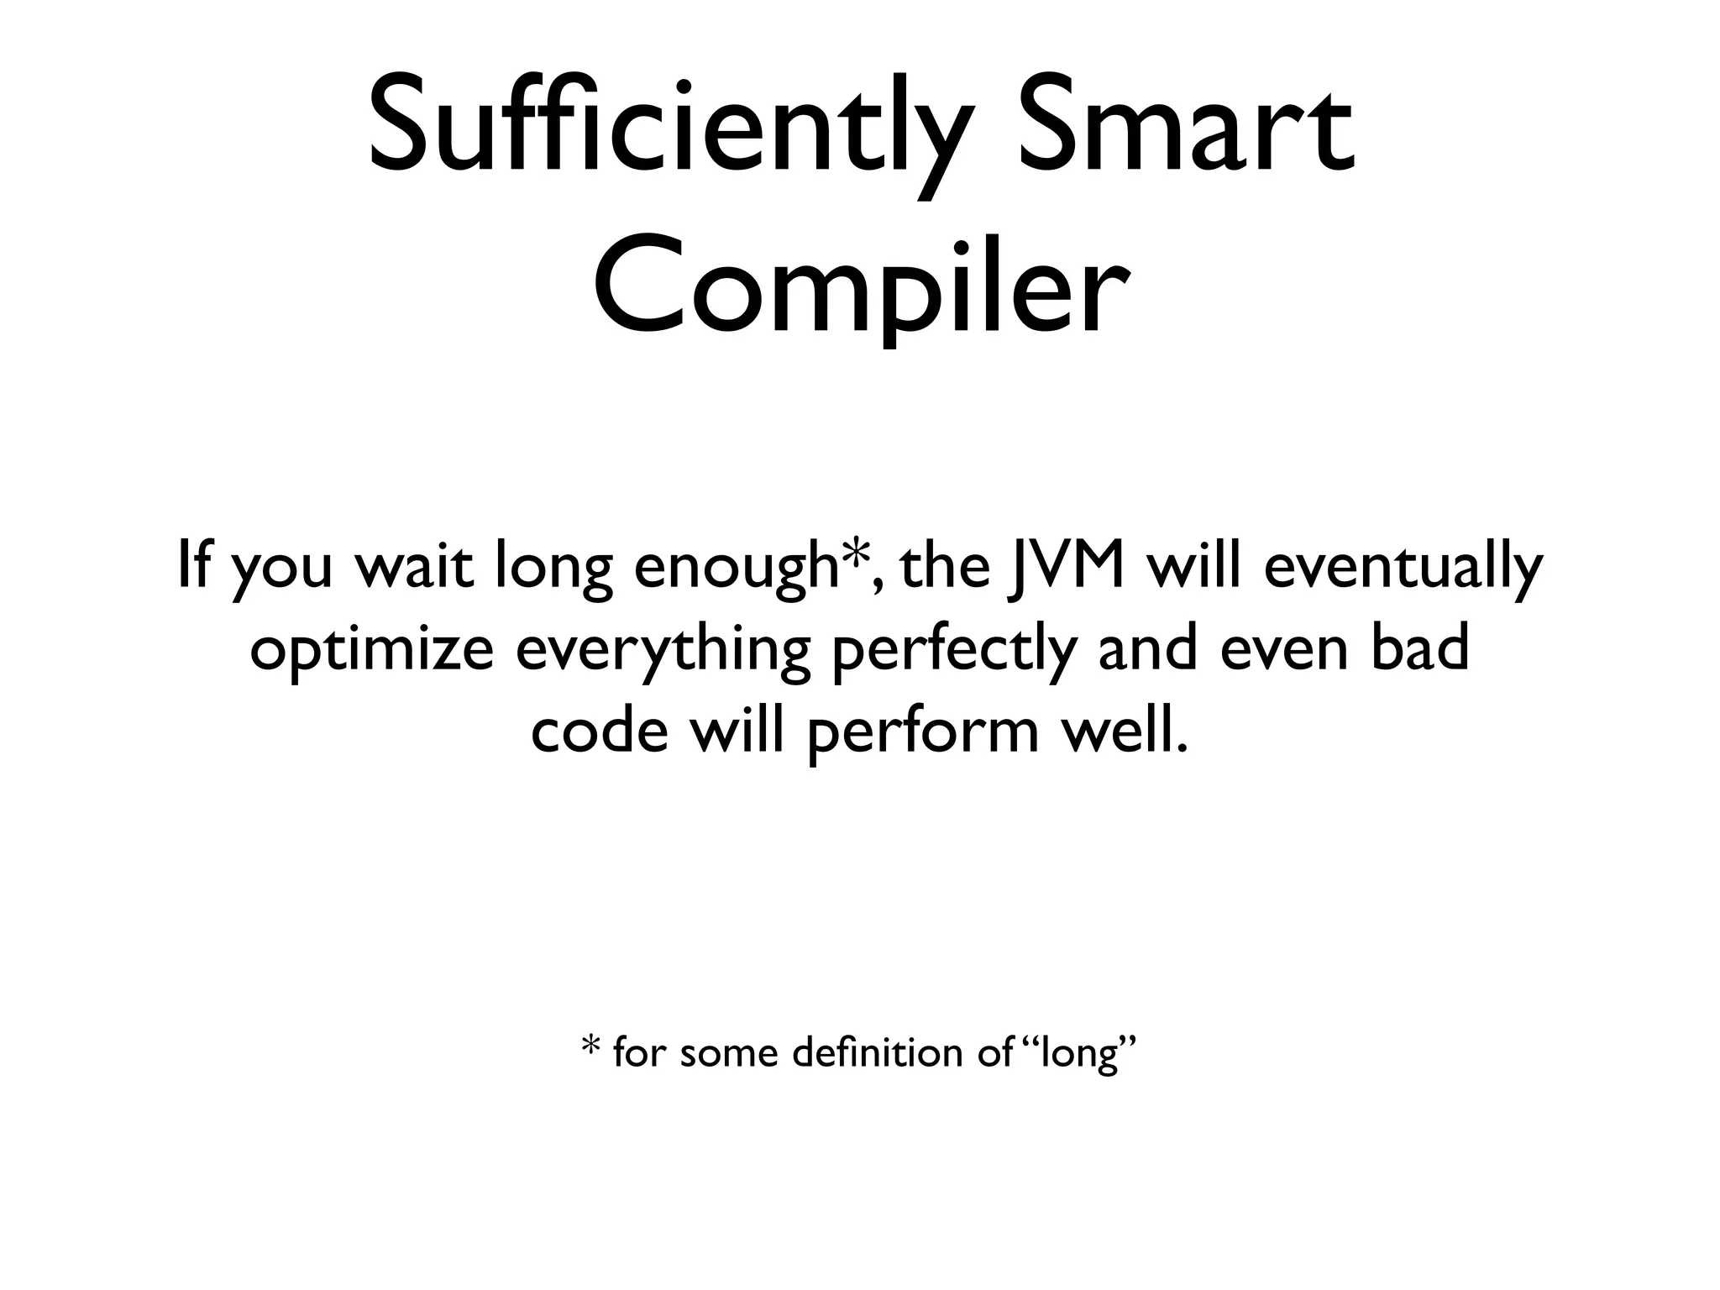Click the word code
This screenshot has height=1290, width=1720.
click(600, 732)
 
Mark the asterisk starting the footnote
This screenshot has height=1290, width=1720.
click(590, 1050)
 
